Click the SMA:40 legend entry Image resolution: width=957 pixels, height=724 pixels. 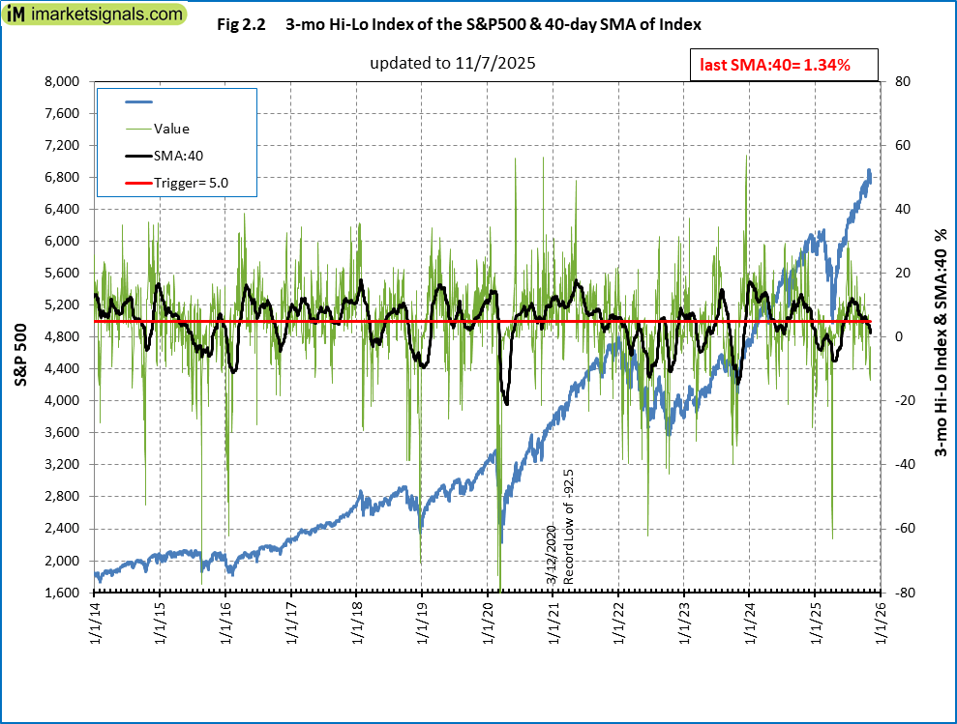point(178,155)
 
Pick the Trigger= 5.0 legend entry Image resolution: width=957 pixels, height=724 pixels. point(191,181)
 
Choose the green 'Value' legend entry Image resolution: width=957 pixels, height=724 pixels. point(171,129)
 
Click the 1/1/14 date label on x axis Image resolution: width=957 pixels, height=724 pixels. point(95,623)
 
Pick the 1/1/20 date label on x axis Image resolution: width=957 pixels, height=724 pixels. point(487,623)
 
